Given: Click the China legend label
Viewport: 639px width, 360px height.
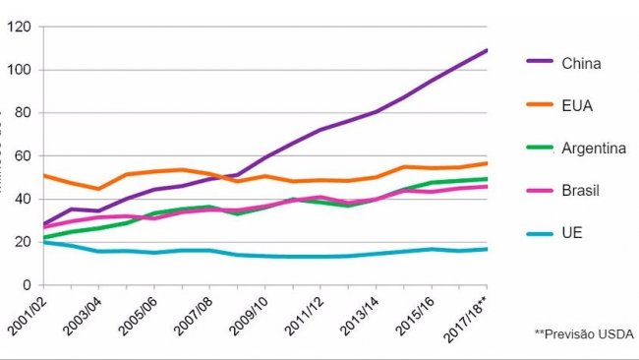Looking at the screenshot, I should click(581, 65).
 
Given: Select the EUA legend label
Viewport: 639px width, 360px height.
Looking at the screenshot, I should click(577, 106).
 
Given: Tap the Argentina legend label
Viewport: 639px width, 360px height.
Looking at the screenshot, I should click(594, 148).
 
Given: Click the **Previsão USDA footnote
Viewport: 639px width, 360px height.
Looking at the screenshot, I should click(584, 334).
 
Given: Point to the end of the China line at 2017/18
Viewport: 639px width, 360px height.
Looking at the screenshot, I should click(488, 50).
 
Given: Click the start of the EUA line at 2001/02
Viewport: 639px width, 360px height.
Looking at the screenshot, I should click(42, 176).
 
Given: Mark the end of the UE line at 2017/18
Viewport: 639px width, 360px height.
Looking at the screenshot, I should click(488, 249).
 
